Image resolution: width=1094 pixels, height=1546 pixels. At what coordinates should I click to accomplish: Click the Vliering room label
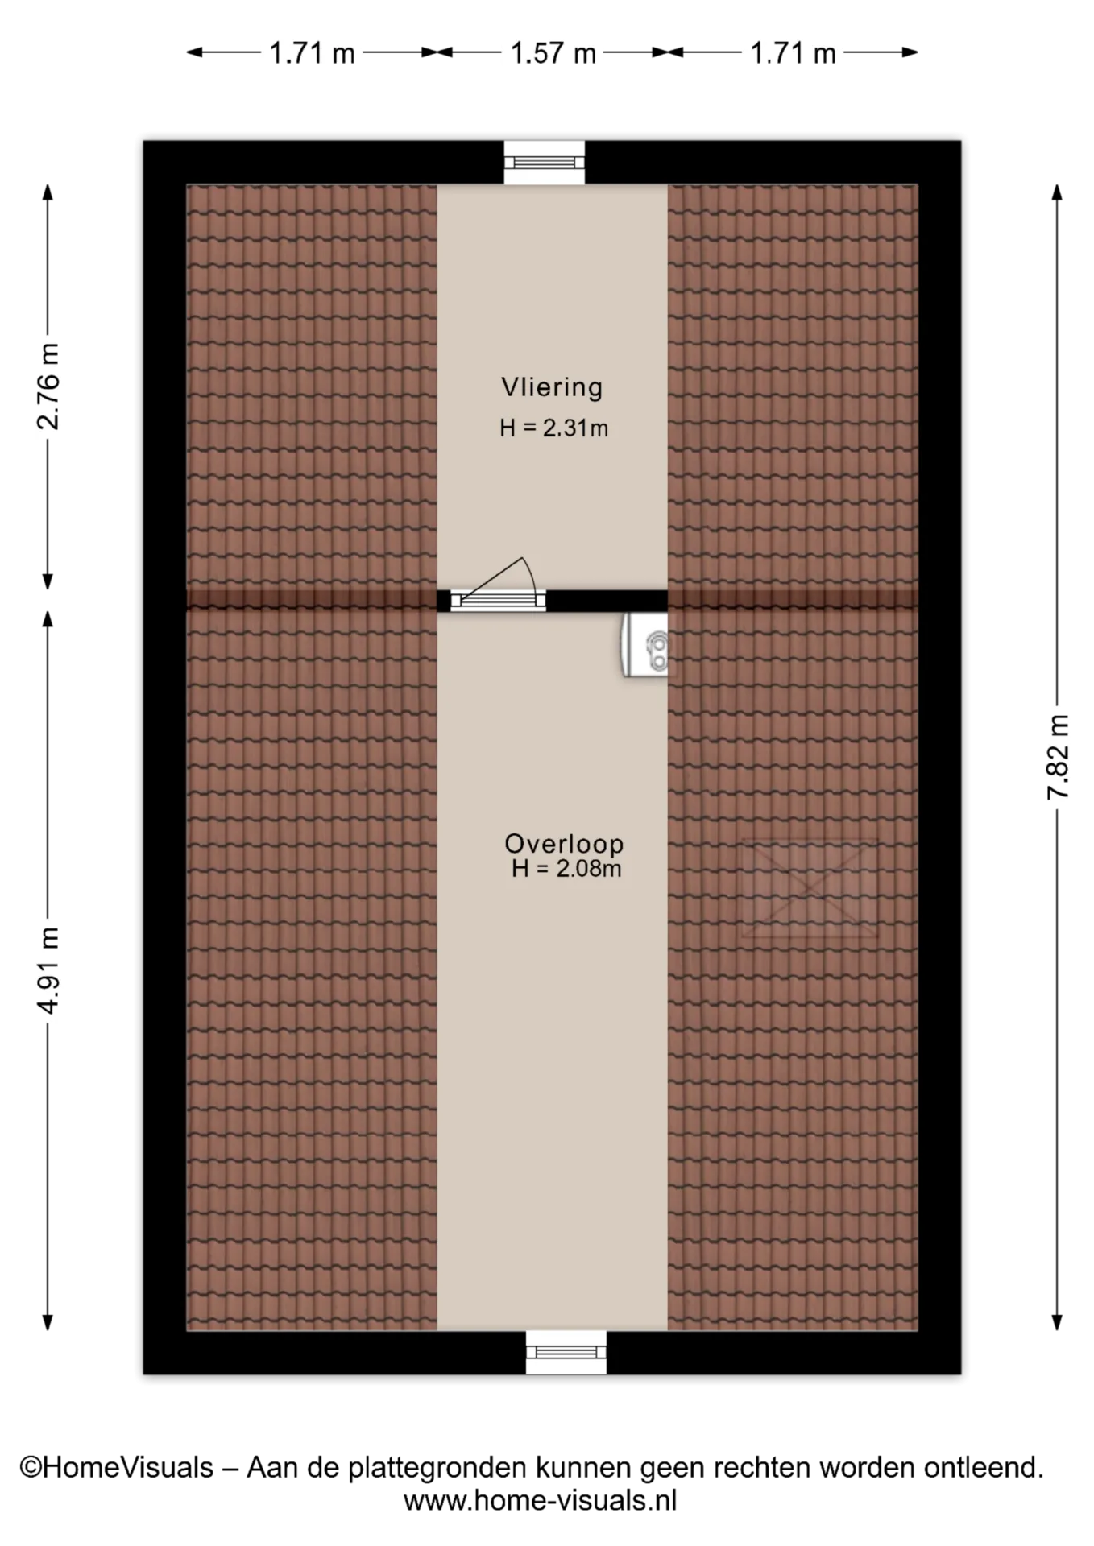pos(552,387)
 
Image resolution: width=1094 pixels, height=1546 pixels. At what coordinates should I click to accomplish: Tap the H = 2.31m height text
pos(553,428)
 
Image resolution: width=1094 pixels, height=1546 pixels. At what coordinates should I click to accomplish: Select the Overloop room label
pos(564,843)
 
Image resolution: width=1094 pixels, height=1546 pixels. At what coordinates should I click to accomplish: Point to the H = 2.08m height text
pos(566,869)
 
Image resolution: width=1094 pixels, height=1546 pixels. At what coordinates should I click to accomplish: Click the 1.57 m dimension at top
pos(553,53)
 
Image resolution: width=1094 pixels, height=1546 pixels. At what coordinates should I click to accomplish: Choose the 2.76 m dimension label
pos(48,386)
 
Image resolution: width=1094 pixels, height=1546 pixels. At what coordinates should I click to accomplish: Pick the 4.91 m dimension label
pos(48,970)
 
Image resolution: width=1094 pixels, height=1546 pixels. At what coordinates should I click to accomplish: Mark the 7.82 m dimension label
pos(1057,757)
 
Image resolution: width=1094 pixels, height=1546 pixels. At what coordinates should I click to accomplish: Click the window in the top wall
pos(545,163)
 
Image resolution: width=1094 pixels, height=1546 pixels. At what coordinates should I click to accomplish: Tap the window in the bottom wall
pos(566,1353)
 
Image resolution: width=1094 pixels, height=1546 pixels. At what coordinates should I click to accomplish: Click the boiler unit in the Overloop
pos(644,644)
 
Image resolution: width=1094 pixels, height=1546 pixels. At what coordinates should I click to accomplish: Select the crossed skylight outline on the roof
pos(809,888)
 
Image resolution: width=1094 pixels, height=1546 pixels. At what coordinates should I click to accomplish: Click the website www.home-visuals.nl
pos(541,1501)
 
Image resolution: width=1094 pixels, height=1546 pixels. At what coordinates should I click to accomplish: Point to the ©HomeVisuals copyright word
pos(117,1468)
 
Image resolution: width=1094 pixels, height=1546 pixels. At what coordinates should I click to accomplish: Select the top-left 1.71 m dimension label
pos(312,53)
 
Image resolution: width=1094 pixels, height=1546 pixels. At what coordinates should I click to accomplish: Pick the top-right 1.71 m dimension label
pos(794,53)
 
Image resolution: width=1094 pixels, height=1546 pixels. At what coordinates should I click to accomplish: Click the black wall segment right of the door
pos(607,601)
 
